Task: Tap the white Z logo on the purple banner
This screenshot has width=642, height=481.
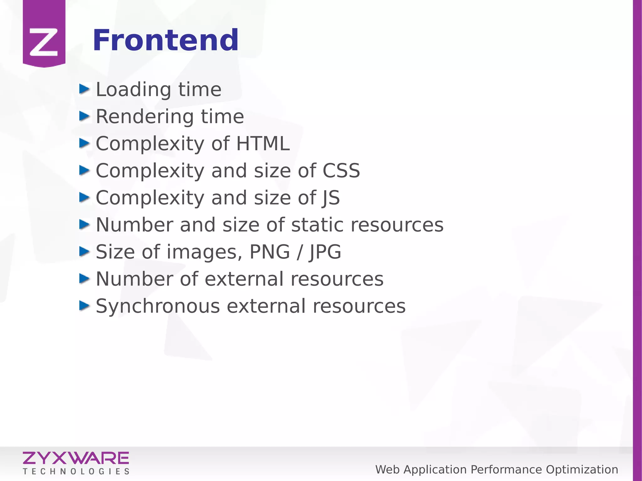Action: coord(44,42)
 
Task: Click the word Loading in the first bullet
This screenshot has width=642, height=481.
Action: coord(134,90)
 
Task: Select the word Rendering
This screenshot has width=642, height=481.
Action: coord(145,117)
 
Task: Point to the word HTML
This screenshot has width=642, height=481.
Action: coord(263,144)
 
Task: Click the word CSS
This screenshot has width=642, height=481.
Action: coord(341,171)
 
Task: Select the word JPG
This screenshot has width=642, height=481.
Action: coord(325,252)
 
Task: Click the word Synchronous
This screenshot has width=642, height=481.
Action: coord(158,306)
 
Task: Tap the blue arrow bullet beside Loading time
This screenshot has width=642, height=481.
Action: coord(84,89)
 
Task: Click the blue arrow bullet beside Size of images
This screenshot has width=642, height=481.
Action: coord(84,251)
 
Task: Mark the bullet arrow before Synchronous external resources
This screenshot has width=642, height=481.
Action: coord(84,306)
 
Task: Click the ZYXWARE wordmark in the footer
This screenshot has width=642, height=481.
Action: coord(76,458)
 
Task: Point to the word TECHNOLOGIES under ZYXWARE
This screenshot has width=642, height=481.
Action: coord(76,472)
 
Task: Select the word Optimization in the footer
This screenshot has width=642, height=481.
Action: coord(582,470)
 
